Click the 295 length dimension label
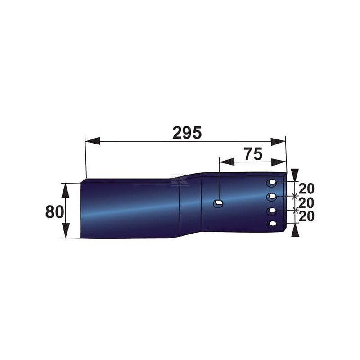click(187, 133)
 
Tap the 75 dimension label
click(253, 154)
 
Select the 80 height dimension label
click(54, 211)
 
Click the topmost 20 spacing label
click(306, 189)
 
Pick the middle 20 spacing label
click(306, 203)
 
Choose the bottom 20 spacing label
click(306, 216)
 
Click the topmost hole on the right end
click(272, 183)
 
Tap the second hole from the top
click(272, 197)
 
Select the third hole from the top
click(272, 211)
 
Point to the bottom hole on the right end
click(272, 224)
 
